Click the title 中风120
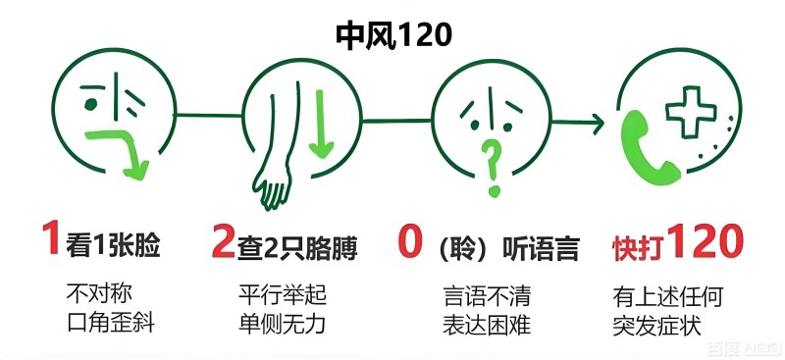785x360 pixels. tap(392, 36)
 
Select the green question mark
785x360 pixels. tap(495, 165)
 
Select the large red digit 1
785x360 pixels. tap(50, 241)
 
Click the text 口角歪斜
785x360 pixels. tap(101, 323)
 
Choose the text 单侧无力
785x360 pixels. tap(281, 323)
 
